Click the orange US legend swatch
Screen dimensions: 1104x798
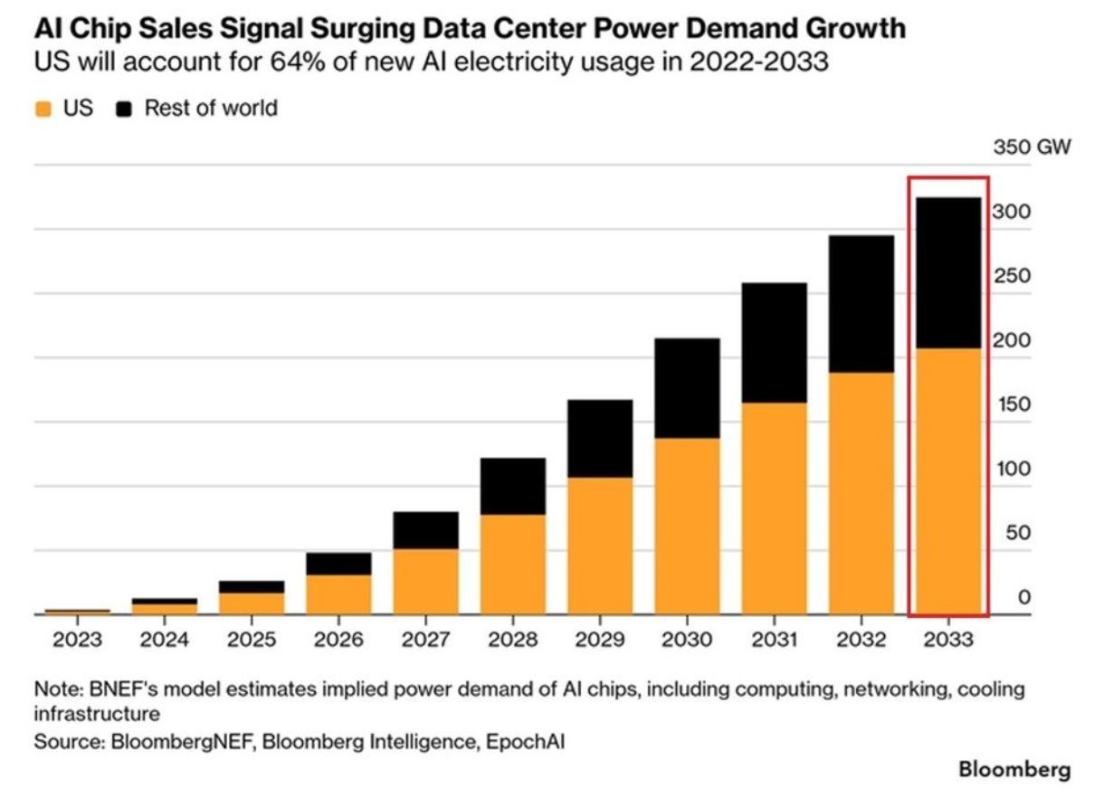click(x=43, y=109)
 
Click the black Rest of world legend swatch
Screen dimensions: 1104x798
click(x=124, y=109)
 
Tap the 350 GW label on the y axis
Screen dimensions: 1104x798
click(x=1032, y=147)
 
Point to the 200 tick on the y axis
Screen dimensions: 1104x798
click(x=1012, y=340)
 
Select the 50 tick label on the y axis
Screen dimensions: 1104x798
click(x=1018, y=533)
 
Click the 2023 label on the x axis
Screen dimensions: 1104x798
click(x=78, y=640)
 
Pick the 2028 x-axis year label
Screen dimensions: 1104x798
click(x=512, y=640)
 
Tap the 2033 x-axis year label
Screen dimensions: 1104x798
click(x=948, y=640)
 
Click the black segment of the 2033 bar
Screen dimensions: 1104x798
click(x=948, y=273)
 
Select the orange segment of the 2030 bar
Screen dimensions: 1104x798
click(x=687, y=527)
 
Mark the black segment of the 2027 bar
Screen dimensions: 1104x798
click(x=426, y=530)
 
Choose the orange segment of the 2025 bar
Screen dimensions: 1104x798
click(x=252, y=603)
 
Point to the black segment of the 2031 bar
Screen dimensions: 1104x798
click(x=775, y=343)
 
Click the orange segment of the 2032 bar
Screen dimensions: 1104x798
click(x=861, y=493)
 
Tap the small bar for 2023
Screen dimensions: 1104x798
click(x=78, y=613)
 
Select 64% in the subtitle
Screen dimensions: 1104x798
click(x=298, y=62)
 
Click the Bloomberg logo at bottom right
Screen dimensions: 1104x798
click(x=1014, y=769)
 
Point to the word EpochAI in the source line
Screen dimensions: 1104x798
click(x=526, y=742)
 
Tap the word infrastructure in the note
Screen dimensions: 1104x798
click(x=97, y=714)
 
